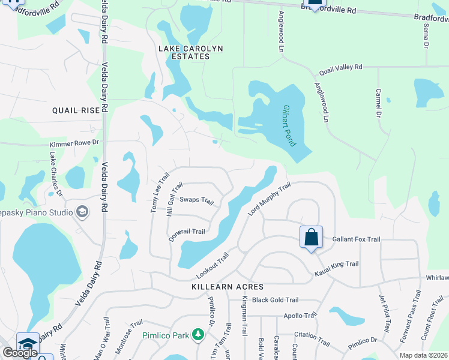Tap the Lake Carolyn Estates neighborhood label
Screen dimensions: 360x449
pyautogui.click(x=184, y=52)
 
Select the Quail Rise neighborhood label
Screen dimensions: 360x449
pyautogui.click(x=76, y=110)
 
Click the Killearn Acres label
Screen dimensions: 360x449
pyautogui.click(x=220, y=287)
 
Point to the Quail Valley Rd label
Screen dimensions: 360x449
pyautogui.click(x=341, y=68)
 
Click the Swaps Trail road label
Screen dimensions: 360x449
pyautogui.click(x=197, y=200)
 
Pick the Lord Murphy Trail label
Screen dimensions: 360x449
pyautogui.click(x=269, y=201)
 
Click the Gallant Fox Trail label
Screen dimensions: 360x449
pyautogui.click(x=357, y=239)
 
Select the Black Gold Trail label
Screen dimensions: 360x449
pyautogui.click(x=275, y=300)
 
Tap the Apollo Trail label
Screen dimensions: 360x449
pyautogui.click(x=302, y=316)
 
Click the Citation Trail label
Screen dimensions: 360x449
pyautogui.click(x=312, y=339)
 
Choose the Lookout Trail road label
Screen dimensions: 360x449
pyautogui.click(x=212, y=265)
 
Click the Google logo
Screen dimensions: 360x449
pyautogui.click(x=20, y=353)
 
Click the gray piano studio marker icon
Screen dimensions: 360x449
pyautogui.click(x=82, y=212)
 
